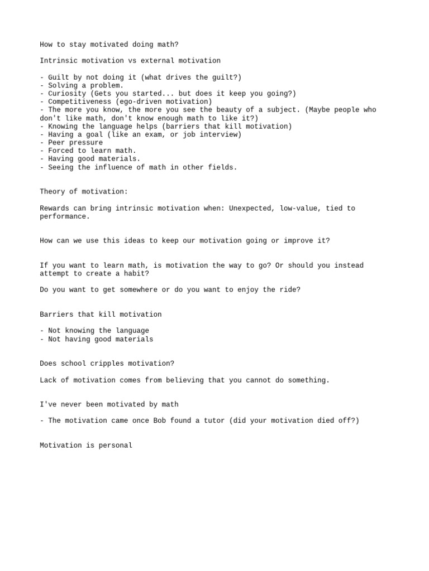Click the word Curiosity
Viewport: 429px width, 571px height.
(67, 94)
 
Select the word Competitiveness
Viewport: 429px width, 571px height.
(79, 102)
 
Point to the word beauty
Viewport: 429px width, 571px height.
(233, 110)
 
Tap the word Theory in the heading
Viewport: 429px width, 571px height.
(53, 192)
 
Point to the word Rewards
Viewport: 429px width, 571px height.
(55, 208)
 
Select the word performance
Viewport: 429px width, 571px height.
(63, 216)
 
